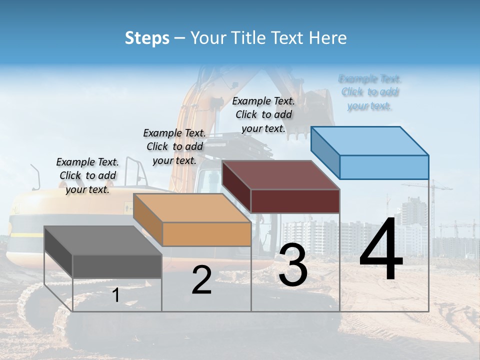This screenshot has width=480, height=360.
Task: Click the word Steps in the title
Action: tap(147, 38)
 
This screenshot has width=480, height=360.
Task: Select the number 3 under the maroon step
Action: tap(293, 265)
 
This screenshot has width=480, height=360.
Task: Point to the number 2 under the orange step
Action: tap(201, 280)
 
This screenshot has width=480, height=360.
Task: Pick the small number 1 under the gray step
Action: tap(116, 295)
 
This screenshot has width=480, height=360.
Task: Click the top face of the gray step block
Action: tap(103, 240)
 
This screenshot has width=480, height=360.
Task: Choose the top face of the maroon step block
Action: tap(281, 175)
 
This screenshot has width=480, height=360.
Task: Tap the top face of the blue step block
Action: tap(370, 140)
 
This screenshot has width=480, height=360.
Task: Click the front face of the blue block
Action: tap(384, 167)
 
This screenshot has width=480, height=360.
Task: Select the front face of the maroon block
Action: tap(295, 201)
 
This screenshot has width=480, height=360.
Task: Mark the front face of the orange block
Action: tap(206, 234)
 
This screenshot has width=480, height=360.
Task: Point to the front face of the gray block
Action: tap(117, 266)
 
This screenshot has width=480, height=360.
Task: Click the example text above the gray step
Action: tap(88, 175)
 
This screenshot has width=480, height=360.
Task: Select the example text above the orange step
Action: tap(174, 146)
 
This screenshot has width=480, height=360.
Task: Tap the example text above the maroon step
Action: tap(263, 114)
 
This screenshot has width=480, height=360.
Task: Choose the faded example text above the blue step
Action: tap(370, 92)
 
